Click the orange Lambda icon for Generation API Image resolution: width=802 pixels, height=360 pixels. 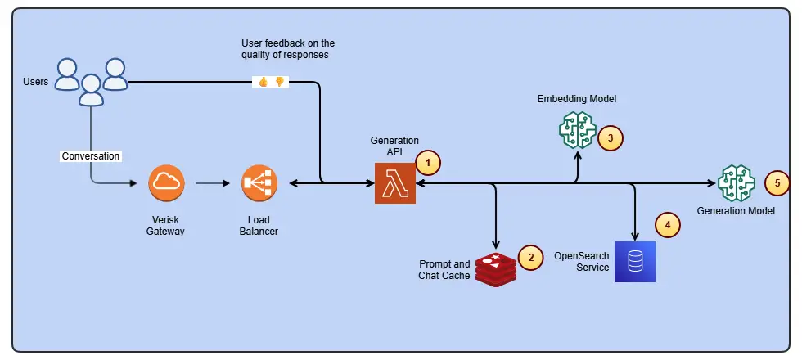(x=394, y=183)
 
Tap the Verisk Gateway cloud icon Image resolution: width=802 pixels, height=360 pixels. (x=166, y=182)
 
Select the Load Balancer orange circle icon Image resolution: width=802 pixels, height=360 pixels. (x=259, y=182)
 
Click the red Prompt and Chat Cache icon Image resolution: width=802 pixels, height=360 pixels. (x=496, y=269)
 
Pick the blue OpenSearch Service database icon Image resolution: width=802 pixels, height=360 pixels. (x=635, y=261)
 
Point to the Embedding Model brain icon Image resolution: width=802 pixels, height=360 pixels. (x=578, y=130)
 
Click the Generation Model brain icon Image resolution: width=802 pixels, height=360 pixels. (x=737, y=183)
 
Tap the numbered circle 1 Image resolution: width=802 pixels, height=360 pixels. (x=428, y=163)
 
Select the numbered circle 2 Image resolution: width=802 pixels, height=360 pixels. (x=530, y=257)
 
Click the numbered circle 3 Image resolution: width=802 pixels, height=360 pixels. (x=611, y=137)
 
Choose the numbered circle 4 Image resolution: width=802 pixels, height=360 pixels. (x=668, y=224)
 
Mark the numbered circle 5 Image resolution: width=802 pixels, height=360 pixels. (x=777, y=183)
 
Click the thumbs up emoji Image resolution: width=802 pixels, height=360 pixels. (x=263, y=82)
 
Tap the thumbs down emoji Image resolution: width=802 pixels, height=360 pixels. (x=279, y=82)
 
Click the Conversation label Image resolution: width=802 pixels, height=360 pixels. (x=91, y=156)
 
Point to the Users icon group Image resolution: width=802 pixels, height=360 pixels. (x=91, y=82)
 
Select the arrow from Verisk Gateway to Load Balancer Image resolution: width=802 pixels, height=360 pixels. (x=213, y=183)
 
